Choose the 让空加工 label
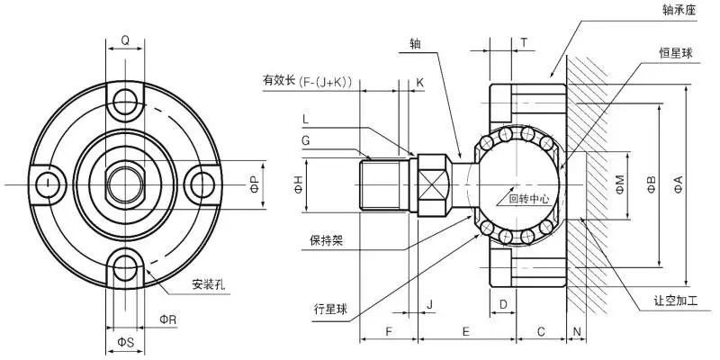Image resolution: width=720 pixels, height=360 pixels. (x=680, y=301)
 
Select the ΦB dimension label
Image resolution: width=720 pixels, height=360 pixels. (x=651, y=184)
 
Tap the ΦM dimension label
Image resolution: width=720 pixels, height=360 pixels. (x=619, y=184)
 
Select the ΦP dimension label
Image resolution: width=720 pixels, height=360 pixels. (x=254, y=184)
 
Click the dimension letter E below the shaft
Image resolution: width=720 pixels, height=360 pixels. (x=465, y=331)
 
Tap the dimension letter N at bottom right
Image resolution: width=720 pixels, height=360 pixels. (x=576, y=331)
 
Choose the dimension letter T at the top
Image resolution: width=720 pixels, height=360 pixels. (x=524, y=43)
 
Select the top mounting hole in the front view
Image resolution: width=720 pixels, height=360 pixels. (x=125, y=95)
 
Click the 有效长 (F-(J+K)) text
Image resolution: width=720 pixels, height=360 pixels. (x=307, y=82)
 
